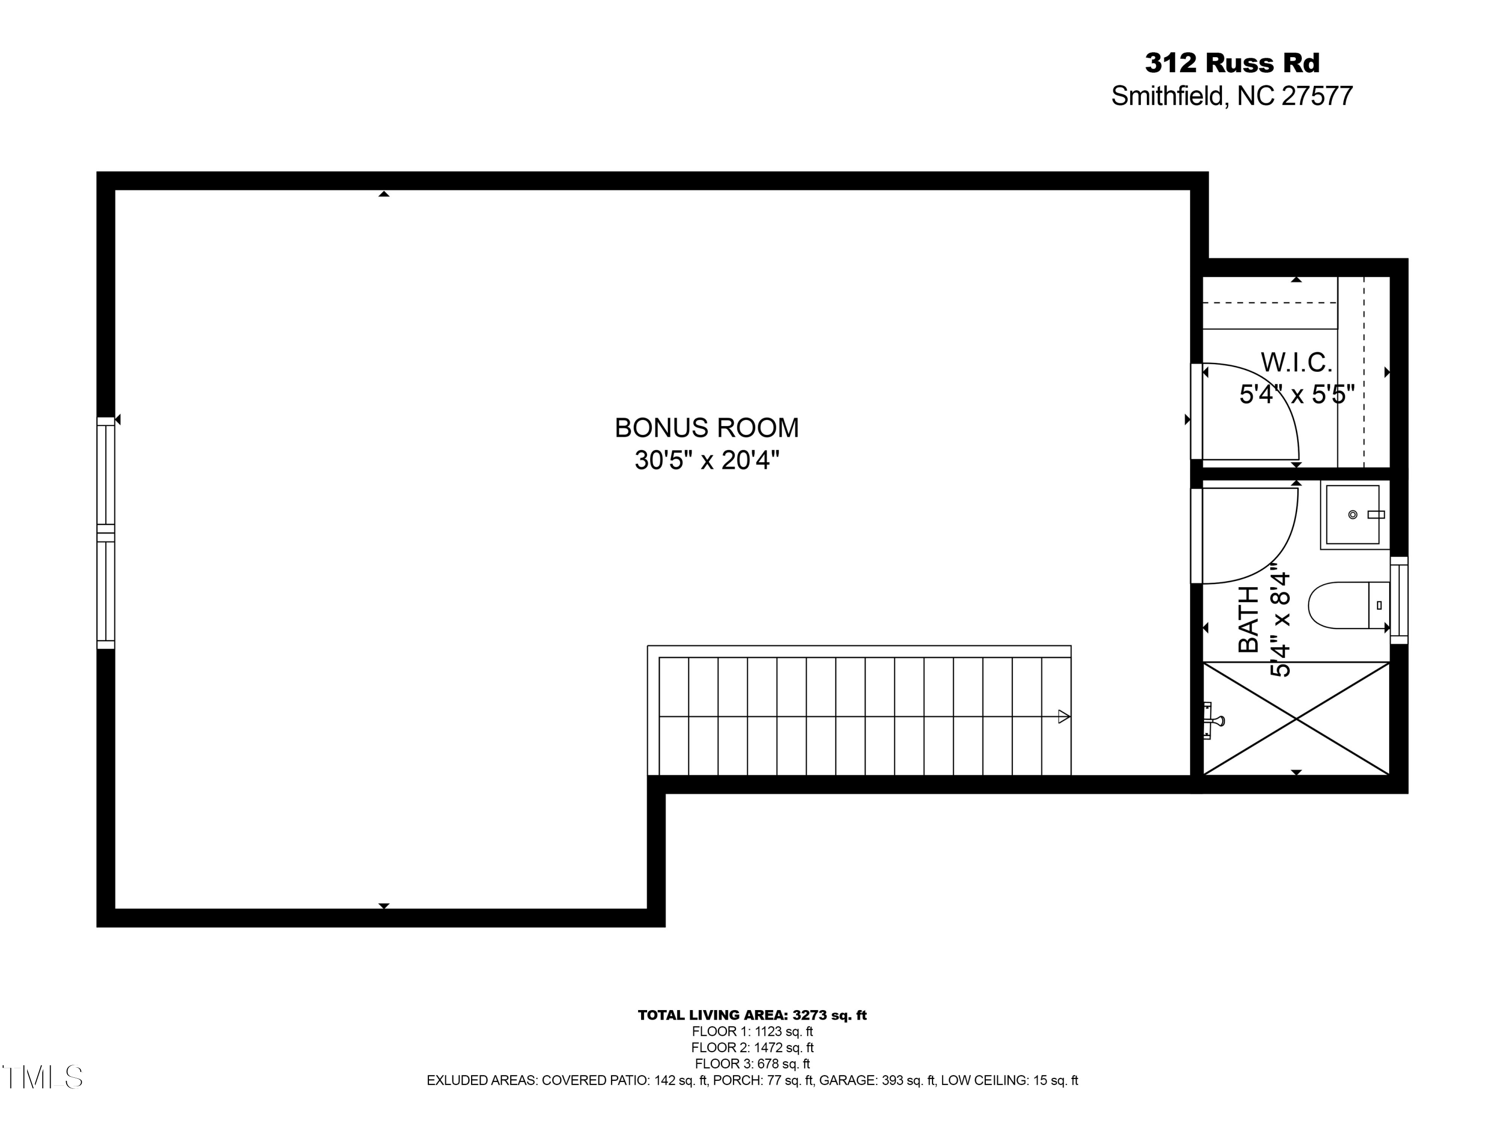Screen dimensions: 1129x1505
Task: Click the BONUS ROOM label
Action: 706,428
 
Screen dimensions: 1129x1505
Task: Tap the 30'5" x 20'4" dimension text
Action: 706,461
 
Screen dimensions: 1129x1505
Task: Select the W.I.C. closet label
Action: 1296,362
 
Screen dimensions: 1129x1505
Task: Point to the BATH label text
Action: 1249,619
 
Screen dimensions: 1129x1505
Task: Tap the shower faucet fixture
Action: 1213,720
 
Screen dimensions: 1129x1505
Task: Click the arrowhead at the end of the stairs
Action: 1064,717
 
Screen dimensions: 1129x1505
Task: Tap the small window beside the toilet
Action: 1399,600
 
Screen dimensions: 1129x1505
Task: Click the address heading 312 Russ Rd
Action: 1232,63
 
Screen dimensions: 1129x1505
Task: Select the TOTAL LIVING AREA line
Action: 752,1016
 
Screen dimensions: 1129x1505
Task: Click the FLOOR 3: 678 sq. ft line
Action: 752,1064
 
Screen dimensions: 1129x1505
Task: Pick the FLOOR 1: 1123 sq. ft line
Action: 752,1032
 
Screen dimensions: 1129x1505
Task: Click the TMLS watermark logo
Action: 42,1077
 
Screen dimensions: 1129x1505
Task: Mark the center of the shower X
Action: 1296,719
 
